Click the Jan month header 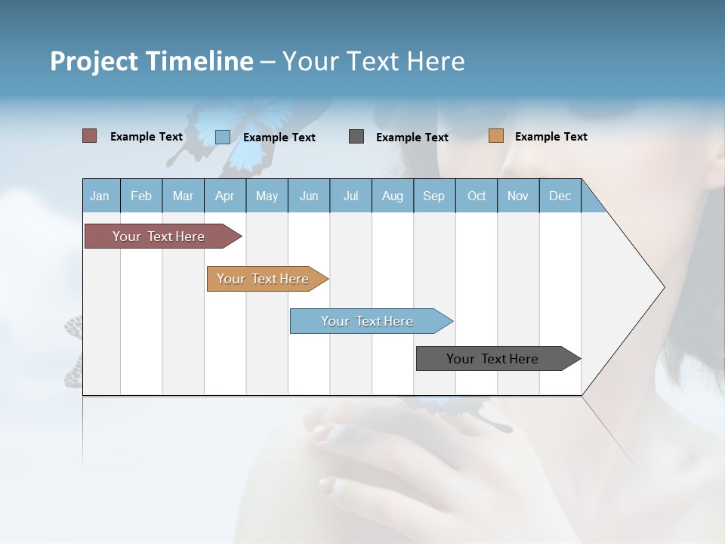click(x=100, y=196)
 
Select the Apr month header click(x=224, y=196)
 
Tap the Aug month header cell click(x=392, y=196)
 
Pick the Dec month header click(x=560, y=196)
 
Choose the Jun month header click(x=308, y=196)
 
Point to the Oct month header click(x=476, y=196)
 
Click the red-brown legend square click(x=89, y=136)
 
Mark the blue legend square click(x=222, y=137)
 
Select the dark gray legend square click(x=356, y=137)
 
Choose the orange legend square click(x=495, y=136)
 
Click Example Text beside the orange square click(x=551, y=137)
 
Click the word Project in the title click(x=94, y=61)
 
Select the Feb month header click(x=141, y=196)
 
